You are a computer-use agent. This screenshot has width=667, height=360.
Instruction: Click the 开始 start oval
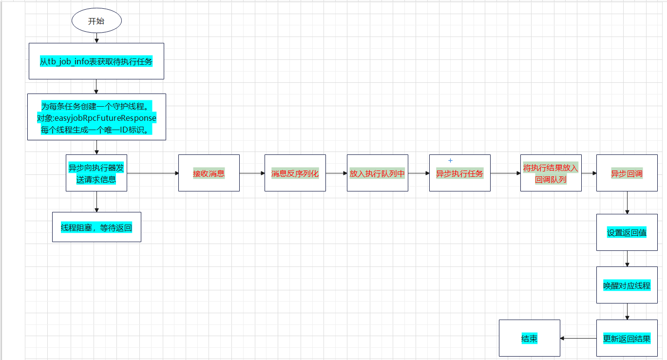tap(96, 21)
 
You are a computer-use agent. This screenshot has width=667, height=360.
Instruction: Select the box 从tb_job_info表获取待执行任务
tap(96, 61)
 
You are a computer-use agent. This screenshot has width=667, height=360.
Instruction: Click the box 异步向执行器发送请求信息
tap(96, 173)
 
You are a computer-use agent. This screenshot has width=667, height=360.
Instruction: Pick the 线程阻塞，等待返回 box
tap(96, 227)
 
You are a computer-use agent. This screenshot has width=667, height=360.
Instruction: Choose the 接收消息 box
tap(209, 173)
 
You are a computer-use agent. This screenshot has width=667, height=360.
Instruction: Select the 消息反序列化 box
tap(295, 173)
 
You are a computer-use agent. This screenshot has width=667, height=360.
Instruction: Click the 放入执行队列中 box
tap(377, 173)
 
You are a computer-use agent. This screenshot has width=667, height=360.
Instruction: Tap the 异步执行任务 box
tap(459, 173)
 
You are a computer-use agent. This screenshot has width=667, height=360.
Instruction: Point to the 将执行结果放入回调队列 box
tap(551, 173)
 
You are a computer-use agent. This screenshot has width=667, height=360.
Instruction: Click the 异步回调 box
tap(627, 173)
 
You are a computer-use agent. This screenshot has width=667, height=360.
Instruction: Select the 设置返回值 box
tap(627, 232)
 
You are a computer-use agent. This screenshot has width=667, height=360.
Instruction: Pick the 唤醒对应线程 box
tap(627, 285)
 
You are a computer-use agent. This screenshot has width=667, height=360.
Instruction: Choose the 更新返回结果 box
tap(627, 338)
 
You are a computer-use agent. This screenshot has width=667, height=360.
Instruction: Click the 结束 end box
tap(529, 338)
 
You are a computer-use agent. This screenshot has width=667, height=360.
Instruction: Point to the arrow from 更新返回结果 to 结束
tap(578, 338)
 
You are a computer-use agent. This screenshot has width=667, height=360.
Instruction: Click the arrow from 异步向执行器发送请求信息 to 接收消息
tap(152, 173)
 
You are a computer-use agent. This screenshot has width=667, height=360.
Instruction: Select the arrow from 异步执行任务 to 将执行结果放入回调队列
tap(505, 173)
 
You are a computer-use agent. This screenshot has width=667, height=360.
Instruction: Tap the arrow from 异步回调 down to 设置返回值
tap(627, 203)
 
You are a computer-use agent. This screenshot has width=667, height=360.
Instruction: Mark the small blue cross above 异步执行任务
tap(450, 160)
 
